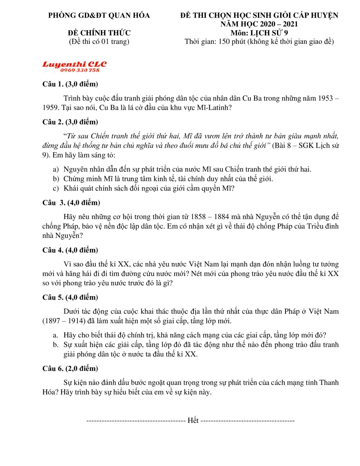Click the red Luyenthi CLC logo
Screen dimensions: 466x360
[74, 65]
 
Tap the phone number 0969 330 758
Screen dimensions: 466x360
[79, 70]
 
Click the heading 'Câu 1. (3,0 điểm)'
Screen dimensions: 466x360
[70, 84]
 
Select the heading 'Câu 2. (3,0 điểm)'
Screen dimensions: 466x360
[70, 122]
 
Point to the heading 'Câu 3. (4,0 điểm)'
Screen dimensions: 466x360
[71, 203]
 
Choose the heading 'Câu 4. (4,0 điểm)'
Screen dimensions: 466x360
[70, 250]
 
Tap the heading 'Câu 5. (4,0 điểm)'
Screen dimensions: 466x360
[70, 297]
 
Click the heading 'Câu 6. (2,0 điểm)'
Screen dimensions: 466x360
[70, 368]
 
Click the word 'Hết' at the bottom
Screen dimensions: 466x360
[193, 420]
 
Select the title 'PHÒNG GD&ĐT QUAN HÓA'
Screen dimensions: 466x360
[99, 15]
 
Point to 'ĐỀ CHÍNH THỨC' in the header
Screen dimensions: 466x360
[99, 33]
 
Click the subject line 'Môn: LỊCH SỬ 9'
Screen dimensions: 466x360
[259, 33]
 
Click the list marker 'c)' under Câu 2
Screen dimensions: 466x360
[56, 188]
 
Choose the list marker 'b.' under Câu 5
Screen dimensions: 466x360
[55, 344]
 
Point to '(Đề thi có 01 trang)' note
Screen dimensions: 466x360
[99, 41]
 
